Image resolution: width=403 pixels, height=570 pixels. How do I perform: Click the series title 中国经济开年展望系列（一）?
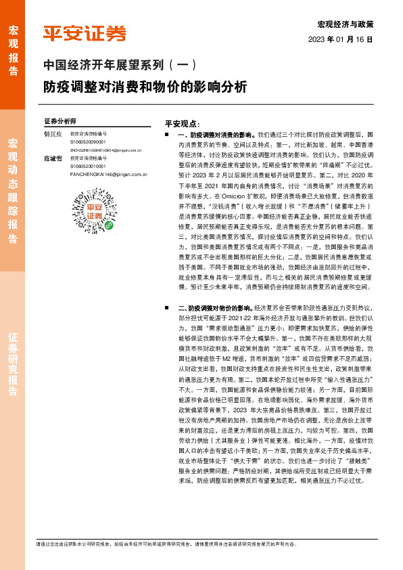tap(119, 66)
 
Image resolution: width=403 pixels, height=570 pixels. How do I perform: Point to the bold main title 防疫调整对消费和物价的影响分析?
tap(145, 87)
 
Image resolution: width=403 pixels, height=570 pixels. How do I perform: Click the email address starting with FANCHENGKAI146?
tap(109, 174)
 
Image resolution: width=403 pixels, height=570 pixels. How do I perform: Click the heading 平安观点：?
tap(182, 125)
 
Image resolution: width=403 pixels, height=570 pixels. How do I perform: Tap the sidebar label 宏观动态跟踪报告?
tap(13, 191)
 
